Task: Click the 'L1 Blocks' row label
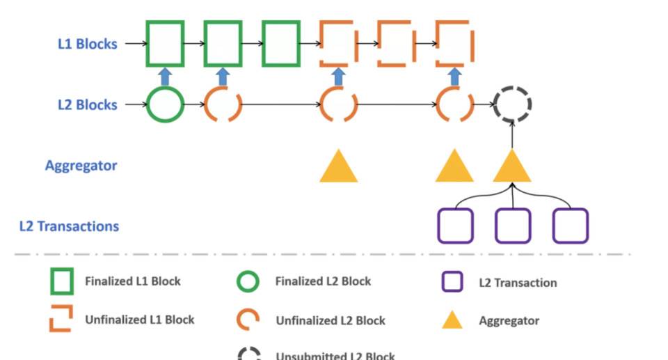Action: click(x=87, y=43)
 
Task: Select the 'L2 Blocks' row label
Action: click(x=87, y=105)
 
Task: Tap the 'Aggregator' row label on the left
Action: click(x=81, y=166)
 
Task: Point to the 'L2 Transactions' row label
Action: click(x=69, y=226)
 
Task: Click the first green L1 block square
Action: click(x=165, y=44)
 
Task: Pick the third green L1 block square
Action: click(x=281, y=44)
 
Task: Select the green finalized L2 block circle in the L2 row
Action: click(x=165, y=105)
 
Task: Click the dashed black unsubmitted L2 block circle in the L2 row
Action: click(x=512, y=105)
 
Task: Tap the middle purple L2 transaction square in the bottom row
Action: click(x=513, y=226)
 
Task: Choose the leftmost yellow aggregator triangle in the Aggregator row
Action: click(x=338, y=168)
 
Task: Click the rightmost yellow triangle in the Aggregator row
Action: click(x=512, y=168)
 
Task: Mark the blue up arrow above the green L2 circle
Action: click(x=165, y=76)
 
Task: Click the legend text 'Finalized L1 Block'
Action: click(x=132, y=282)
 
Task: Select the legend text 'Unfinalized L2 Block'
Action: click(x=330, y=321)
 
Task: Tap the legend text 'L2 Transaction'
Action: click(x=518, y=283)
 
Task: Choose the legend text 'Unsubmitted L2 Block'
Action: click(x=335, y=356)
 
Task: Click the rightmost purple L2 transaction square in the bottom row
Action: click(x=571, y=226)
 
